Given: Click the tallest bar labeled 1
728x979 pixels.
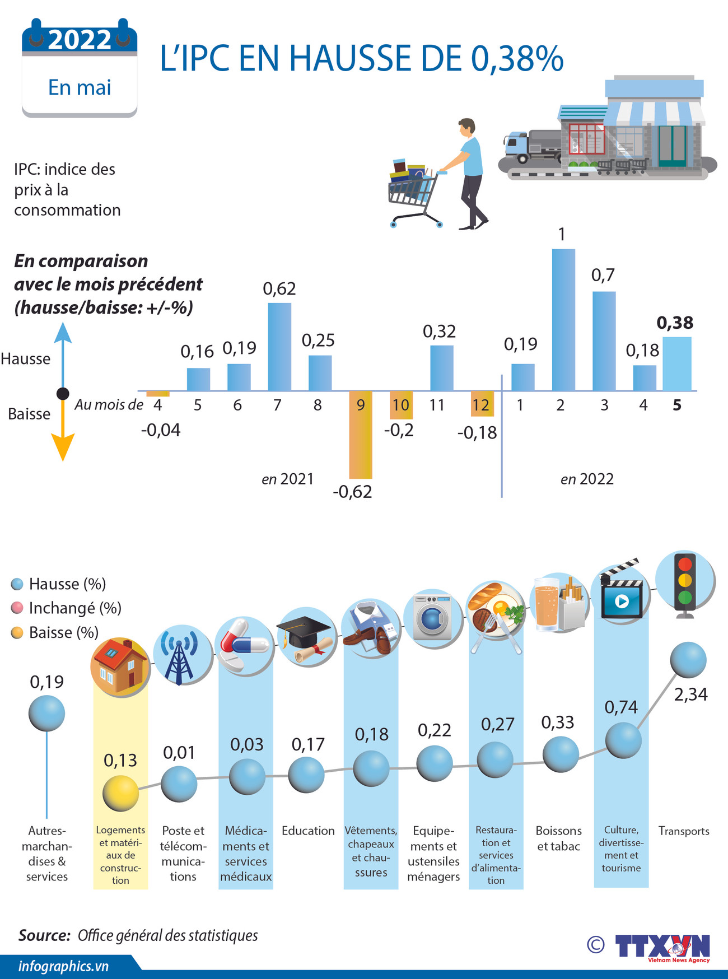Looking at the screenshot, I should [x=563, y=319].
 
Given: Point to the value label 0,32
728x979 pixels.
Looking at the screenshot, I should [x=439, y=332].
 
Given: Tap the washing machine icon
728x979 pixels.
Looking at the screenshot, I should [x=432, y=617].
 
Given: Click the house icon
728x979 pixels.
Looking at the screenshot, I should [x=120, y=666].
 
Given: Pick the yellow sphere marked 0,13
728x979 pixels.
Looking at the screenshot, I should [x=120, y=793].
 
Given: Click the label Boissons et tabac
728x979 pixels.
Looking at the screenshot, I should [x=558, y=838].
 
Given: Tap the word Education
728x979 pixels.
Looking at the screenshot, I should [x=308, y=831].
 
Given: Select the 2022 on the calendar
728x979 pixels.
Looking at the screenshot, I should [x=80, y=40].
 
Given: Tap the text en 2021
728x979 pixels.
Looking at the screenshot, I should [x=287, y=479].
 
